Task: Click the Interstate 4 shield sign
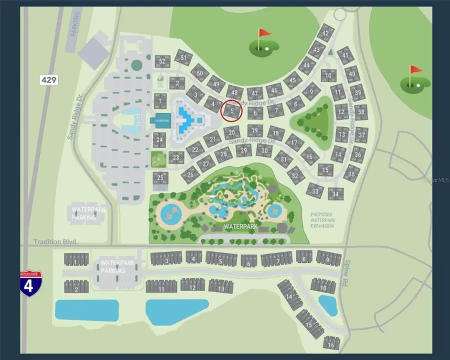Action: [31, 283]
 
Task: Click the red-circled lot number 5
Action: [231, 110]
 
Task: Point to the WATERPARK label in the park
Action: [240, 226]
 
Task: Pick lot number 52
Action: [161, 62]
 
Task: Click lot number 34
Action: [336, 193]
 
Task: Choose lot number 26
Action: [190, 174]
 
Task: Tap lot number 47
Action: [255, 93]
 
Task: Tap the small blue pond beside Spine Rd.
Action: [327, 304]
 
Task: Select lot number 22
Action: [195, 148]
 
